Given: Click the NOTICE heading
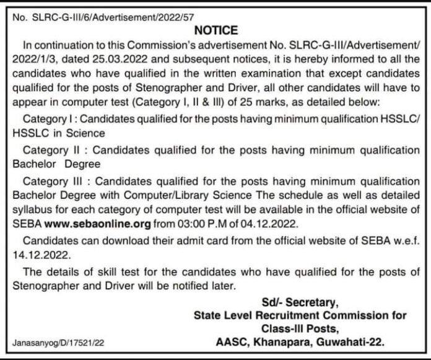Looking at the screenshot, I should click(215, 30).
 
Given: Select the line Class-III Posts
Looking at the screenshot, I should click(308, 328).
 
